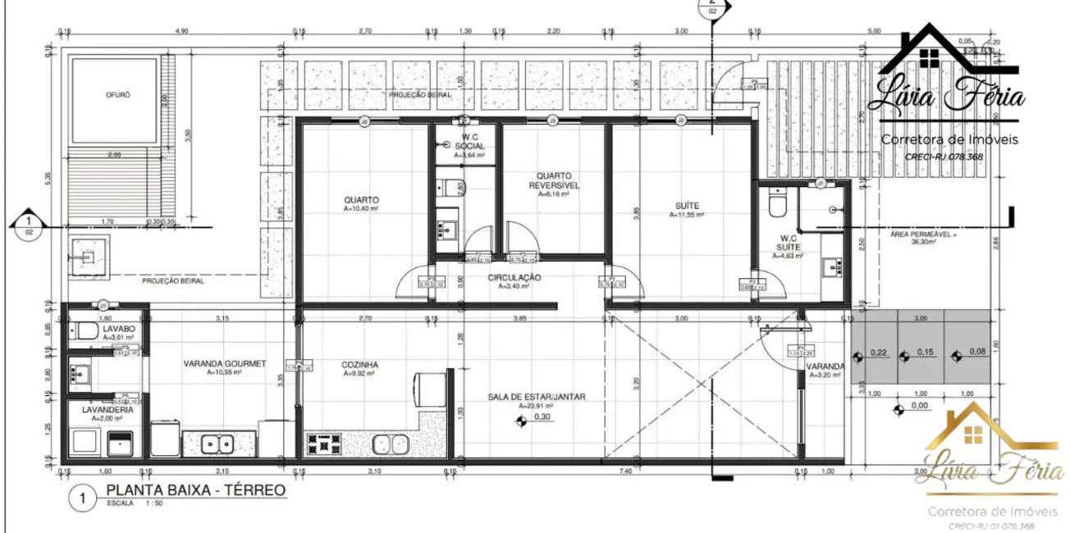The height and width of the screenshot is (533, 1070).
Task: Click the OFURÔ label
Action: pos(117,94)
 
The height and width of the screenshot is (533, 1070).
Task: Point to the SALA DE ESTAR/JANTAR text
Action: pos(537,397)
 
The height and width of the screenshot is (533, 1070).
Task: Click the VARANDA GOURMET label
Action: pos(224,363)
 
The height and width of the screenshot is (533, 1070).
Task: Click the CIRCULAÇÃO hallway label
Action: pos(514,278)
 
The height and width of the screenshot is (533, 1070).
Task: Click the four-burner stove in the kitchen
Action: pos(324,444)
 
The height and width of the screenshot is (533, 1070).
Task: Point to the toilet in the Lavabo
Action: pos(85,332)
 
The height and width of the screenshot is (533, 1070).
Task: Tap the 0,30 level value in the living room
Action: pos(542,417)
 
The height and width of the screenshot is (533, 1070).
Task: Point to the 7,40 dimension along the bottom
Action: pos(625,471)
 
